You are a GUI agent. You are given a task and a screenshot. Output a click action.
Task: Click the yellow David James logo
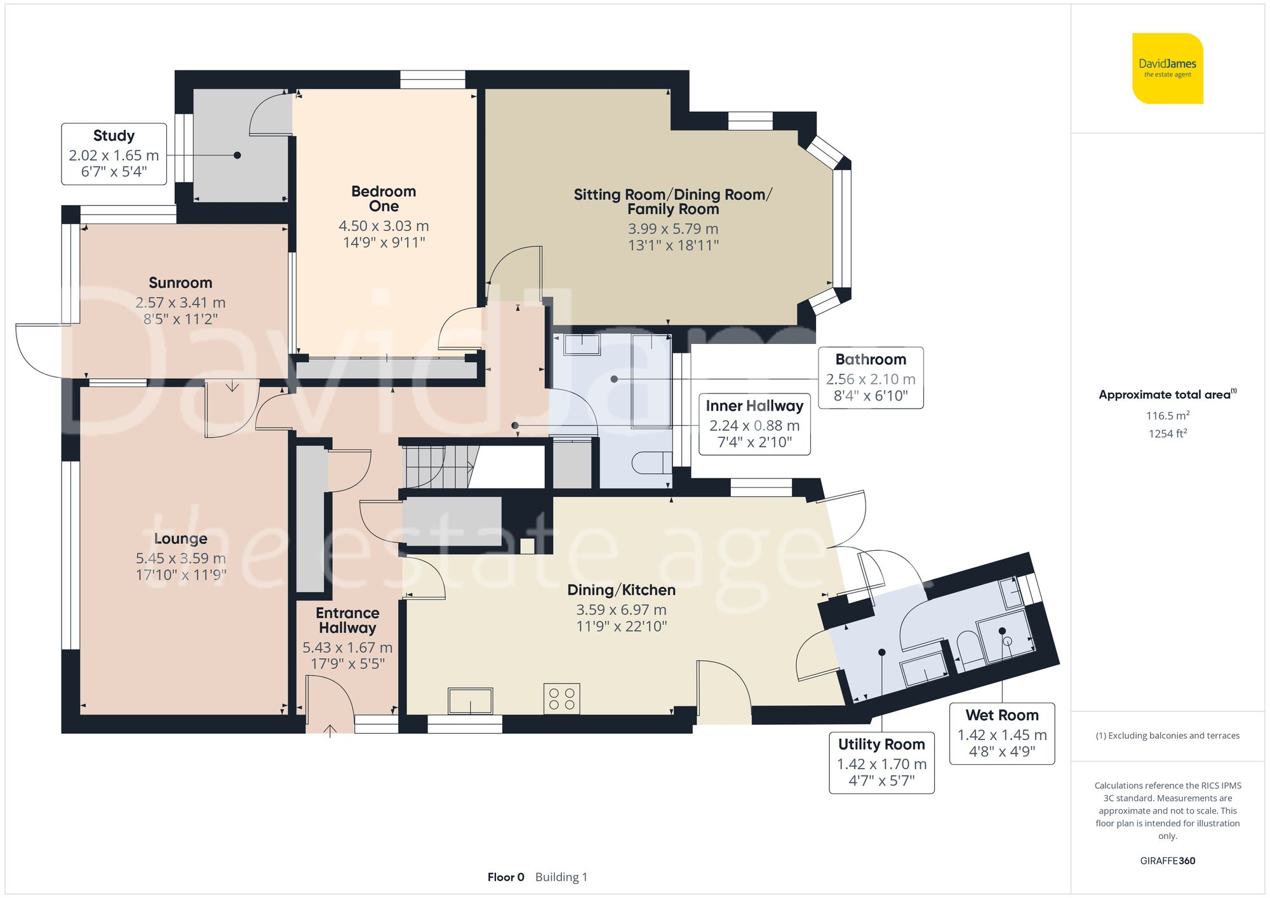[1167, 69]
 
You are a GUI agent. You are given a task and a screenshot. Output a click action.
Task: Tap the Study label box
[114, 154]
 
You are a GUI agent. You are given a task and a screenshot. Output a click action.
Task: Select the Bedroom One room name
[384, 199]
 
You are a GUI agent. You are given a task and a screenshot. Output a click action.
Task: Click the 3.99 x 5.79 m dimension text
[673, 228]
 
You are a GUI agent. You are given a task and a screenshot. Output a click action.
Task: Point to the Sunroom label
[180, 282]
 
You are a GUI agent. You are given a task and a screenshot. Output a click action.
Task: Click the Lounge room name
[180, 538]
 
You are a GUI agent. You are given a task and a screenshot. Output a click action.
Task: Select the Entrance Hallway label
[347, 620]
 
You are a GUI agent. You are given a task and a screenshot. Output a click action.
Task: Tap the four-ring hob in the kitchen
[562, 699]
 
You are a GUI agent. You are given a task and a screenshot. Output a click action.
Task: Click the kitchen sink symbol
[470, 701]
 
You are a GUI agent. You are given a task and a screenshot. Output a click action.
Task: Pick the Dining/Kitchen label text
[621, 590]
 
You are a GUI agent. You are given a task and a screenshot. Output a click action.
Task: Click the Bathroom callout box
[870, 378]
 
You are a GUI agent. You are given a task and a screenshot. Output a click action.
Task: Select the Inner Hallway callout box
[754, 423]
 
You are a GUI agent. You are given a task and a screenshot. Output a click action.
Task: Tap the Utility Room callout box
[881, 762]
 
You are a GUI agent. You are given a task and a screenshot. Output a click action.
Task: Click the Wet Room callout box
[1001, 733]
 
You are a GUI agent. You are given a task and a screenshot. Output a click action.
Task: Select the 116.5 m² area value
[1167, 416]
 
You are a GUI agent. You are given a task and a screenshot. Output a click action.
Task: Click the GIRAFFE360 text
[1167, 861]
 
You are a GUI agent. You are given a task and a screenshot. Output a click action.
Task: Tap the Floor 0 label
[505, 877]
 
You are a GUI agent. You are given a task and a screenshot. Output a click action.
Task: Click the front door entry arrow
[330, 730]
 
